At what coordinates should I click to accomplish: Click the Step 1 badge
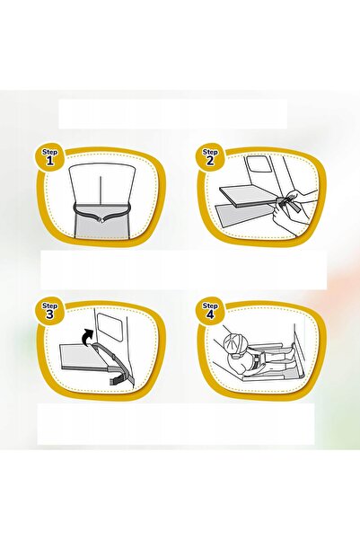[x=49, y=157]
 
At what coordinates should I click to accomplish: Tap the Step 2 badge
[x=209, y=157]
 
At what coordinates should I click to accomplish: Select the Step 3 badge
[x=49, y=311]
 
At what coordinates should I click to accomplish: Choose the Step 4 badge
[x=209, y=311]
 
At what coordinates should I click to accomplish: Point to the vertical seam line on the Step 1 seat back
[x=100, y=190]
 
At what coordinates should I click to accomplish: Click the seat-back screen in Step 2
[x=259, y=165]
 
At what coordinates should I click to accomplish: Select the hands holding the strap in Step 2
[x=294, y=211]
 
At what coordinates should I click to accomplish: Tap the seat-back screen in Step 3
[x=109, y=326]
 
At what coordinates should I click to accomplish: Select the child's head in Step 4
[x=234, y=344]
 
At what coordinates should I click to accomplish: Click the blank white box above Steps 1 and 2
[x=172, y=114]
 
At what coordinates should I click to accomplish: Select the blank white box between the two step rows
[x=183, y=270]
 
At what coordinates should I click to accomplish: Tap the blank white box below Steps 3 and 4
[x=176, y=424]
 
